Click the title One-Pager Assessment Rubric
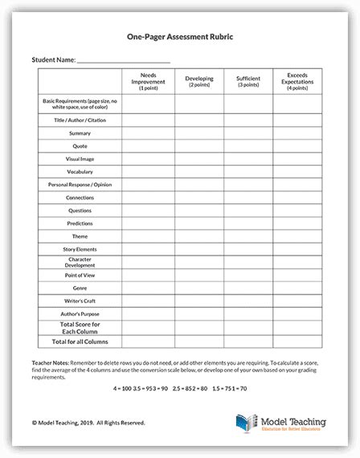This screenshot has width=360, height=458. tap(180, 36)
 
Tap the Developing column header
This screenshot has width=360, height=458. tap(198, 81)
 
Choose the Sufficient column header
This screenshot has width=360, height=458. tap(248, 81)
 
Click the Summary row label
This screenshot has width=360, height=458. tap(80, 133)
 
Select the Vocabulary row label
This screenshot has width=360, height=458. tap(80, 171)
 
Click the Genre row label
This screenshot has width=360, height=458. tap(80, 287)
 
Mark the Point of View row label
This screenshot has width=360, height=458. tap(80, 274)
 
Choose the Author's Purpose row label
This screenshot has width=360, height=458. tap(80, 313)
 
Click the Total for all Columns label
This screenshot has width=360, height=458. tap(80, 341)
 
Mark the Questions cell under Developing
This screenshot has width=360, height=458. tap(198, 210)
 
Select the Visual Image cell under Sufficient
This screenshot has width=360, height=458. tap(248, 158)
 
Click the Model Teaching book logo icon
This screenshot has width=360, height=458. tap(245, 423)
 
